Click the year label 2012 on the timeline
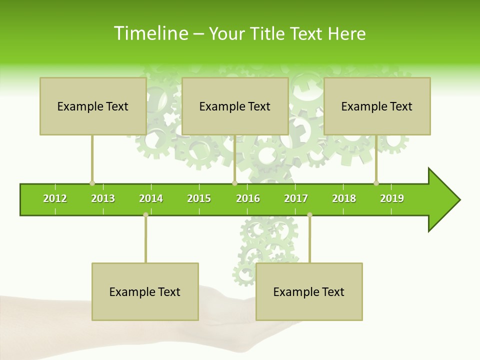tap(55, 198)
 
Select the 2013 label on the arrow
tap(103, 198)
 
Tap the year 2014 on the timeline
tap(151, 198)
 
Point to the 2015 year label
tap(199, 198)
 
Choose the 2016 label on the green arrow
tap(248, 198)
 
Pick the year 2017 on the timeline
tap(296, 198)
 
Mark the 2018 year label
tap(344, 198)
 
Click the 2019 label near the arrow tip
tap(392, 198)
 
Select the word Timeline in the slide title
tap(151, 33)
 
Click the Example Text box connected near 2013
tap(93, 106)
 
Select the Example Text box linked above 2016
tap(235, 106)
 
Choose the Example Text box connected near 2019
tap(377, 106)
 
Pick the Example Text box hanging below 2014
tap(145, 291)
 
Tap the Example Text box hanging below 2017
tap(309, 291)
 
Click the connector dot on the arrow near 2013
tap(92, 183)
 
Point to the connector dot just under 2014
tap(145, 215)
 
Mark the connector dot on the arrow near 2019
tap(376, 183)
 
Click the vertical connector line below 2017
tap(309, 240)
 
